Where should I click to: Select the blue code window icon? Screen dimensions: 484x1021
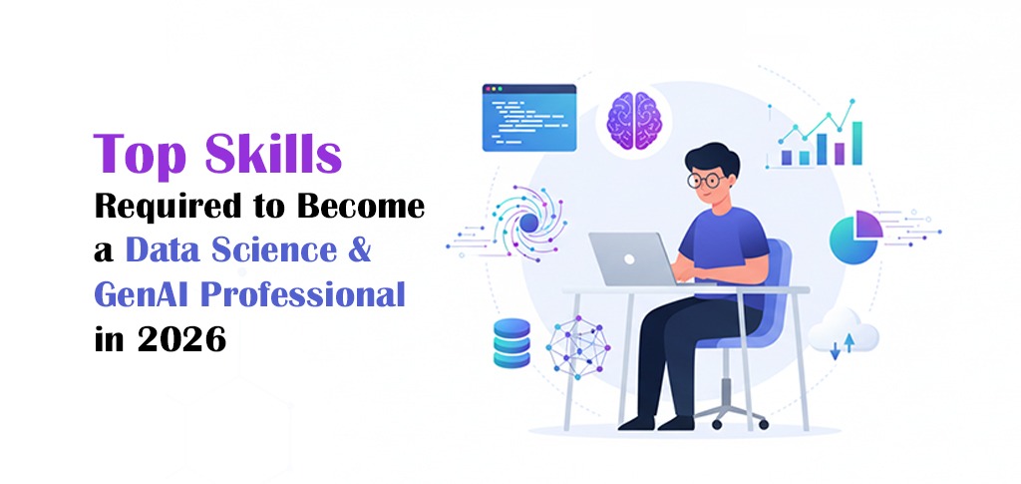pos(528,118)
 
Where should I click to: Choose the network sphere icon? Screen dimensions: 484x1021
pos(578,341)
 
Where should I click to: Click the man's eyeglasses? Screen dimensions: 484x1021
pos(708,181)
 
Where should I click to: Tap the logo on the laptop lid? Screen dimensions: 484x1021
pos(630,256)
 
